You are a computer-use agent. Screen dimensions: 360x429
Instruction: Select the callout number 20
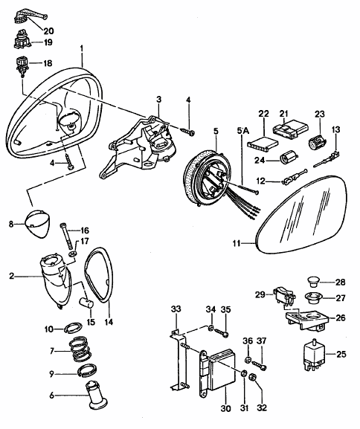[48, 31]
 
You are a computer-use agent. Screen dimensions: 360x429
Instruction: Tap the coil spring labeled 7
[80, 348]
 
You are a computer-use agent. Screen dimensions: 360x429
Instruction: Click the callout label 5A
[242, 131]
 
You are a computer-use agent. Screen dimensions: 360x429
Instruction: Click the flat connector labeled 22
[263, 144]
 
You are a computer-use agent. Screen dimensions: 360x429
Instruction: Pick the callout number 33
[176, 309]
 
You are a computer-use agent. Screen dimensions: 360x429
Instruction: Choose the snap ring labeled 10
[74, 327]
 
